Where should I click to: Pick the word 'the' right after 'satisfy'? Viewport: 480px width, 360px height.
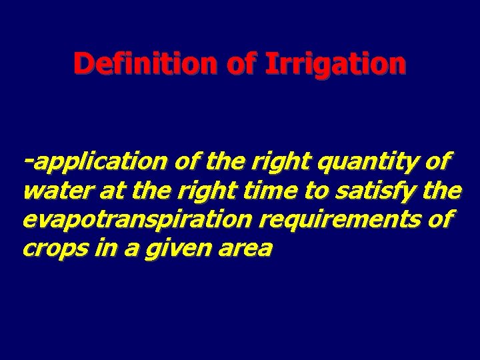[442, 191]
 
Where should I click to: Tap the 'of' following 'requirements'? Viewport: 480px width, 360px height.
[439, 220]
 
